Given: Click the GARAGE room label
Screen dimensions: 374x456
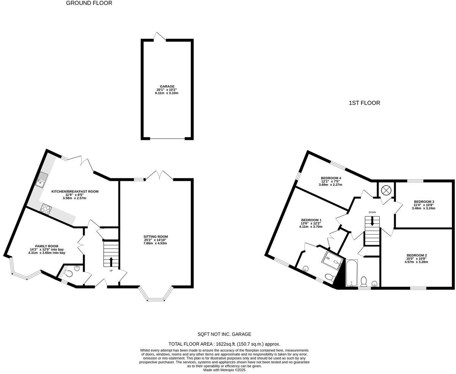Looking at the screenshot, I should (x=167, y=86).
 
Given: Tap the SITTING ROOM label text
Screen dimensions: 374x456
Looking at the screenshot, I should (x=155, y=237).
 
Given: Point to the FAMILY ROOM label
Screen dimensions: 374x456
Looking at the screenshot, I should (x=47, y=246).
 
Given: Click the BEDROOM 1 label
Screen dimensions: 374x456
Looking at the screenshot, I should (x=311, y=220).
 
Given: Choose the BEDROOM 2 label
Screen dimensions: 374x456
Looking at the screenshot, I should (x=417, y=255).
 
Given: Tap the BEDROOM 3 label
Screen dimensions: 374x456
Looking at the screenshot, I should (x=424, y=201).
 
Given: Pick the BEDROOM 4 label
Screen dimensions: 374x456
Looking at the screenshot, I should (x=331, y=178).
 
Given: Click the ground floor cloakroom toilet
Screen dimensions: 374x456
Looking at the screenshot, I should (x=68, y=273).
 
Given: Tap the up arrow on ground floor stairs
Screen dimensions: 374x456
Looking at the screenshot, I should (x=111, y=261).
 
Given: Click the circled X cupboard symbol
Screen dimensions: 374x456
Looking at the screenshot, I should (x=386, y=190).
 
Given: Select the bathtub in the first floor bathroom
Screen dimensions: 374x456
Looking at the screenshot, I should (x=350, y=273).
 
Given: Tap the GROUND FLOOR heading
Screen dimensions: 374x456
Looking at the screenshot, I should (x=89, y=3).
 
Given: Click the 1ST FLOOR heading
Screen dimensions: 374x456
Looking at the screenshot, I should (x=364, y=103).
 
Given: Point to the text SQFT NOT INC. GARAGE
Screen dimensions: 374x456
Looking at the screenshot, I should (x=224, y=334).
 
